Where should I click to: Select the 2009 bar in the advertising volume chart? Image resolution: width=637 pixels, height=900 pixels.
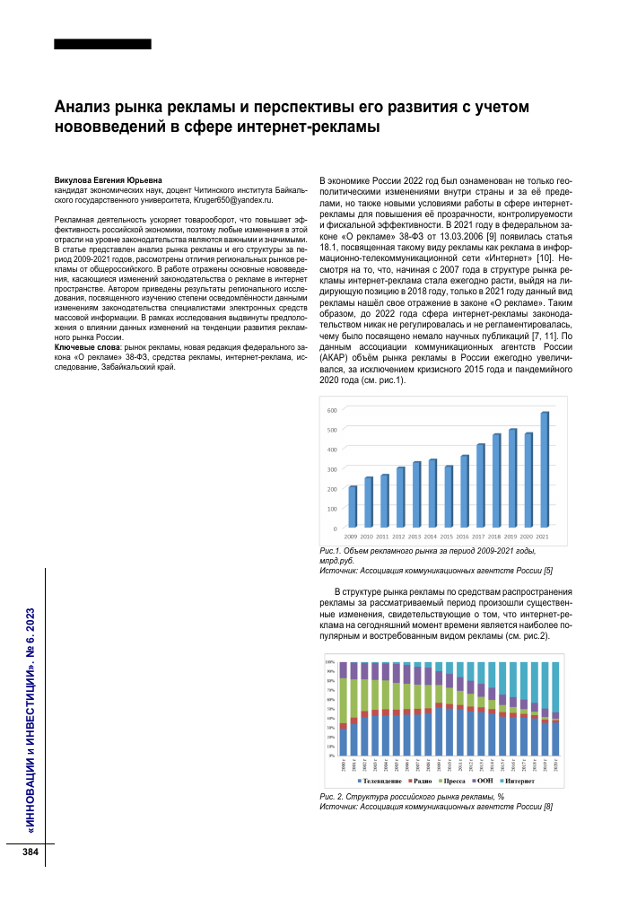tap(353, 507)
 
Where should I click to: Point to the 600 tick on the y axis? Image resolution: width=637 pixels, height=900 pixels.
tap(331, 410)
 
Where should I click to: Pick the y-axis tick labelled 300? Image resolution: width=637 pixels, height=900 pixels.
tap(331, 469)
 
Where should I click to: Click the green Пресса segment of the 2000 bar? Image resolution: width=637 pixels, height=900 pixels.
tap(343, 700)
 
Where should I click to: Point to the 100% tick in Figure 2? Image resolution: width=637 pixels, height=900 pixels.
tap(329, 662)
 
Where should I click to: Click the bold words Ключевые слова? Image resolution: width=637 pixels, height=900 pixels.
tap(85, 346)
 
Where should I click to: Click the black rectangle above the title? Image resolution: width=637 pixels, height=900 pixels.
tap(102, 43)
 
